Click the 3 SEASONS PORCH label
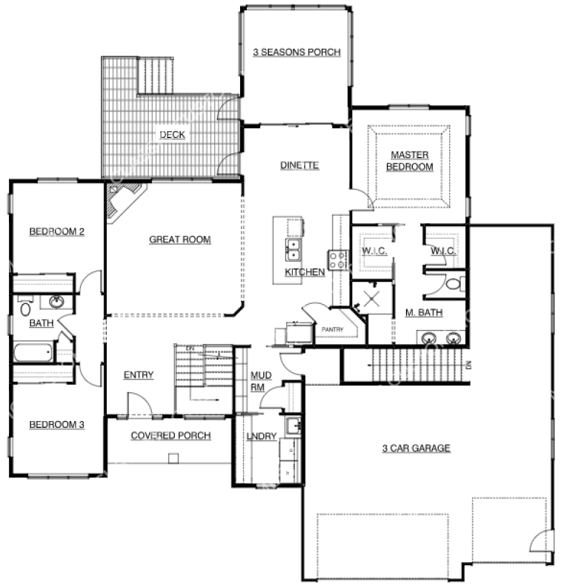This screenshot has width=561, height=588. point(296,52)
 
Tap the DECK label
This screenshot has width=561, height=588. point(173,135)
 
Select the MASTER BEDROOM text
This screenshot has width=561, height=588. point(410,160)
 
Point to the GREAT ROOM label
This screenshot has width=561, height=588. point(180,240)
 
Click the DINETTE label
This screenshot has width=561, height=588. point(299,165)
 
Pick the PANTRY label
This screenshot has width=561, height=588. point(333,329)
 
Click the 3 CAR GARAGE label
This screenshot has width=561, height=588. point(416,448)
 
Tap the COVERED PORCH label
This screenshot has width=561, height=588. point(171,435)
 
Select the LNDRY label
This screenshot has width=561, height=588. point(261,436)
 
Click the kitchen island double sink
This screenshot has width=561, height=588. point(293,250)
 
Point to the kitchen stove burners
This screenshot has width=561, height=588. point(337,260)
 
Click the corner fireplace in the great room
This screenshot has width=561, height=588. point(123,201)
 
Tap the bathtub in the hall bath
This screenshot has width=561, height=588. point(33,352)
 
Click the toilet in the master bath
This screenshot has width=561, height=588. point(455,283)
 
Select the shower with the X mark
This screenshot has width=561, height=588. point(372,299)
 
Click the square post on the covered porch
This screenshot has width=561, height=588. point(173,458)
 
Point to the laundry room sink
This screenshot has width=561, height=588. point(293,426)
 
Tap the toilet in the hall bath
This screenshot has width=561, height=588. point(25,307)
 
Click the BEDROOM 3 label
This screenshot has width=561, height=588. point(56,424)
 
